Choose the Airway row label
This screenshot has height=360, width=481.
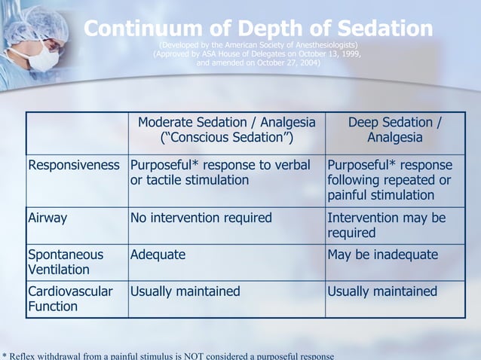click(47, 218)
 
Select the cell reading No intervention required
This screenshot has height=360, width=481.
click(201, 218)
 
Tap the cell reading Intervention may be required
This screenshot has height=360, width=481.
click(387, 225)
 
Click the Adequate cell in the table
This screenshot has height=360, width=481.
click(158, 255)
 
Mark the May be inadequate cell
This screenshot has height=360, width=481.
click(383, 255)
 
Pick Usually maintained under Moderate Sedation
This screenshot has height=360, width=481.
click(185, 291)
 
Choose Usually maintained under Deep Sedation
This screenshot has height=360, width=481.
click(383, 291)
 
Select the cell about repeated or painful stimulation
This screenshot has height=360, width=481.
click(391, 180)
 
